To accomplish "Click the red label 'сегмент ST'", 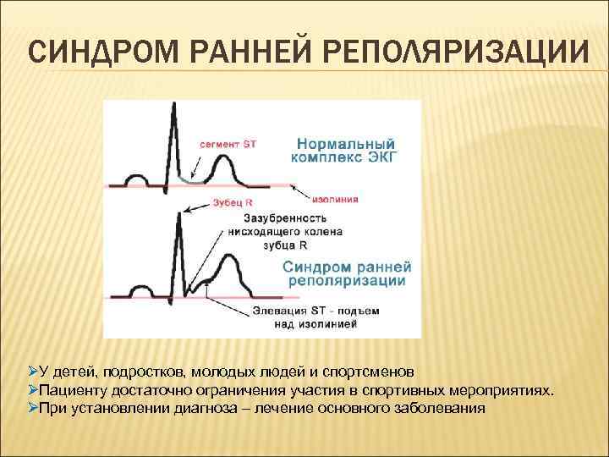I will point(228,144).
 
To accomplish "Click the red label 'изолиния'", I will point(335,200).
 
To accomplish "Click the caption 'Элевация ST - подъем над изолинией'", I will point(315,317).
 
